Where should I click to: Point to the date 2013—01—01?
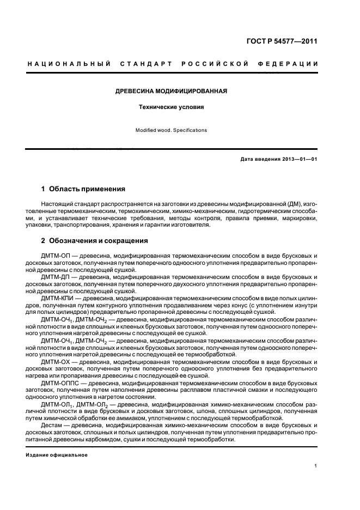click(x=298, y=159)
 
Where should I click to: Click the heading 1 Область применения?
click(x=83, y=189)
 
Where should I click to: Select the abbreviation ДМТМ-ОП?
click(x=54, y=255)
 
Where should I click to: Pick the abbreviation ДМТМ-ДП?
click(x=54, y=277)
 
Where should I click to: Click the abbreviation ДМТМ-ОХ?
click(x=54, y=362)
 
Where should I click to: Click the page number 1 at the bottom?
click(x=316, y=466)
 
